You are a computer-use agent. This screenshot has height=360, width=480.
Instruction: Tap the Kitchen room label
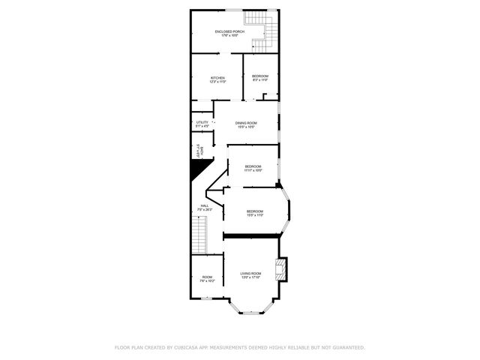tap(217, 77)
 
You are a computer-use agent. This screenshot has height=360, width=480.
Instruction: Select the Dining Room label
tap(246, 123)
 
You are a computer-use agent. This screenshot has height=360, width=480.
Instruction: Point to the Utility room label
tap(202, 122)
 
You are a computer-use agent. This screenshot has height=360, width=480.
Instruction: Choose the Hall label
tap(204, 205)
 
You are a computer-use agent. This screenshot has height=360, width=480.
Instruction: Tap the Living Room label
tap(250, 273)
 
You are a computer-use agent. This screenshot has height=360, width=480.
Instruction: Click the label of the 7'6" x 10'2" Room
tap(207, 277)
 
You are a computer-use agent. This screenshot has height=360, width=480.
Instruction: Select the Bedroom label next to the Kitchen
tap(259, 76)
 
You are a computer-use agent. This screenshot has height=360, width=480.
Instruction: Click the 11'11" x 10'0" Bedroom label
tap(253, 166)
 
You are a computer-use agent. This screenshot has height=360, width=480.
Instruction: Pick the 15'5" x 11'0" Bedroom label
tap(255, 211)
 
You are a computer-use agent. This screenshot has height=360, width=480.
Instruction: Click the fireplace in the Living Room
tap(280, 269)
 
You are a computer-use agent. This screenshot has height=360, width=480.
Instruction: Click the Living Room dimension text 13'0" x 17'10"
tap(250, 277)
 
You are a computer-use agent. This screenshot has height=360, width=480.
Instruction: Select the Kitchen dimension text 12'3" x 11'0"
tap(217, 82)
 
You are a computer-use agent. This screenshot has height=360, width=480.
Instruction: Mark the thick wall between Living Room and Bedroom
tap(250, 235)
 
